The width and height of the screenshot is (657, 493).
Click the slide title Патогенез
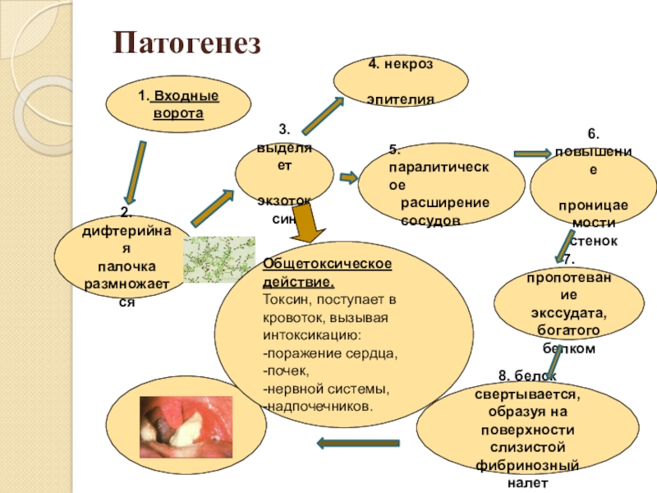[x=186, y=43]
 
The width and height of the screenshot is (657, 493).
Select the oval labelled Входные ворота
[x=177, y=104]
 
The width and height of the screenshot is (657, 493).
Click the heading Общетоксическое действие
[x=327, y=270]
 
